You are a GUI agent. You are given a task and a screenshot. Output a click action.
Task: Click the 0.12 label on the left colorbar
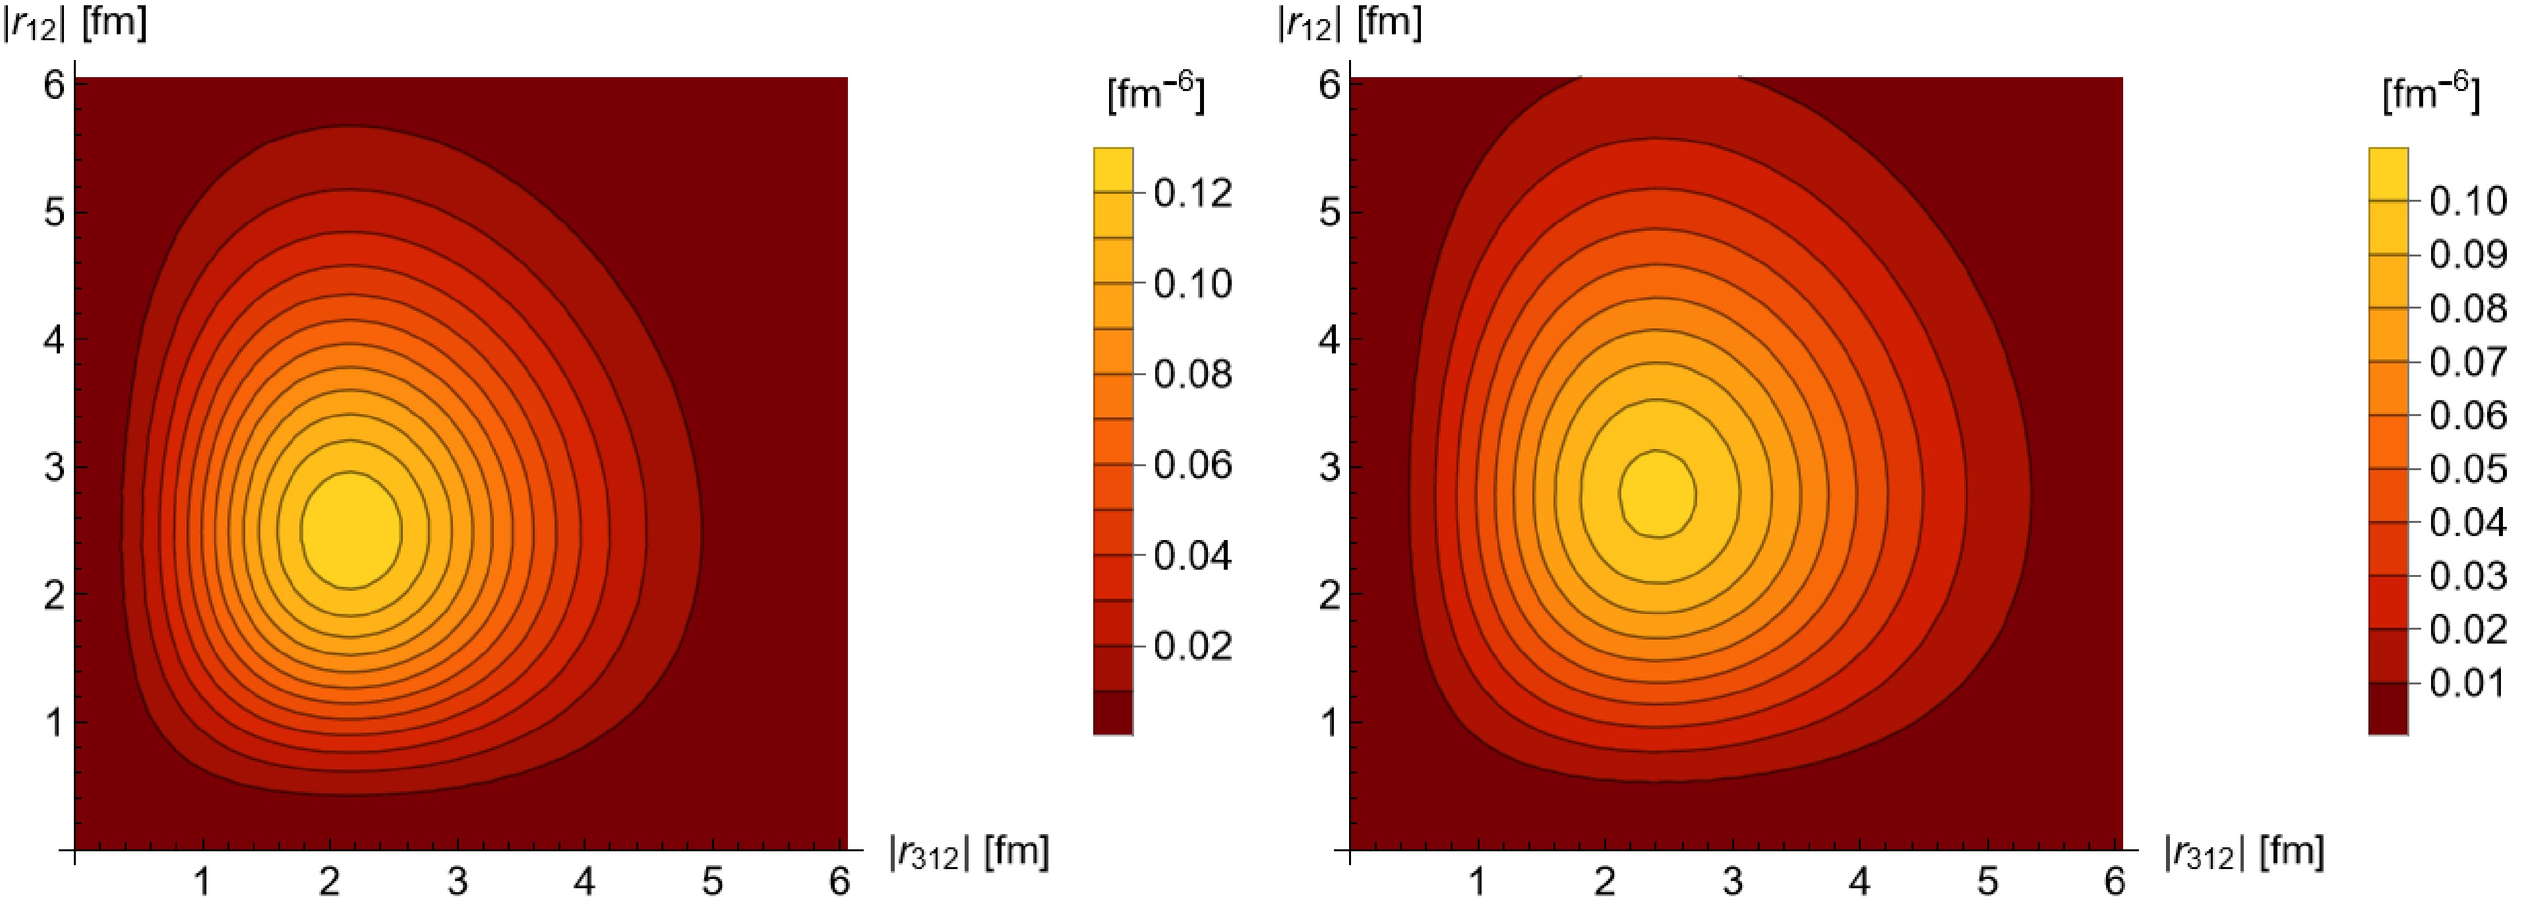click(x=1191, y=193)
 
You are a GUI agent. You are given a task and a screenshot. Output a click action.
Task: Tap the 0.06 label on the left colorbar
click(x=1191, y=465)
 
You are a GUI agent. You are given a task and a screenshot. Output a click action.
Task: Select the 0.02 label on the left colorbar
click(x=1191, y=646)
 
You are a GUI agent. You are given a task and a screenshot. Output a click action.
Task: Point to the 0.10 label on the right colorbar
click(x=2467, y=201)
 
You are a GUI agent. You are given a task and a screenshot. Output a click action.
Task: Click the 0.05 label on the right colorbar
click(x=2467, y=469)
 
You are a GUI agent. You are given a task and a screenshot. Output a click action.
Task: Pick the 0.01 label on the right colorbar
click(x=2467, y=682)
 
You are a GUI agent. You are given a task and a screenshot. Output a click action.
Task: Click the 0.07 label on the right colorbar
click(x=2467, y=362)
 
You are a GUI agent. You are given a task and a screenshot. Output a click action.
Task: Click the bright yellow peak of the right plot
click(x=1657, y=493)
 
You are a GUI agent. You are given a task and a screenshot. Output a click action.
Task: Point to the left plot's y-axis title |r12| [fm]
click(x=75, y=22)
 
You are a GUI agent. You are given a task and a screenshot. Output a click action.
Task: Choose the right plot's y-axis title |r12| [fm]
click(x=1349, y=22)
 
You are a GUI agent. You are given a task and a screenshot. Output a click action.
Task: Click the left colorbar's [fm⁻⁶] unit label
click(x=1155, y=94)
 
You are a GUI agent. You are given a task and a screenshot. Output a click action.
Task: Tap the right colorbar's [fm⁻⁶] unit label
click(x=2430, y=94)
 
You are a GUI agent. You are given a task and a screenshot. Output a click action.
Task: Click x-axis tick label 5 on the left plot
click(x=712, y=882)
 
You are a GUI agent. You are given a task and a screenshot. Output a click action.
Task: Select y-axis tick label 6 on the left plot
click(x=54, y=85)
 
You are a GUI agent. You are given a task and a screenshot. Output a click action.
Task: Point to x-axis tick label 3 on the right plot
click(x=1733, y=882)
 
